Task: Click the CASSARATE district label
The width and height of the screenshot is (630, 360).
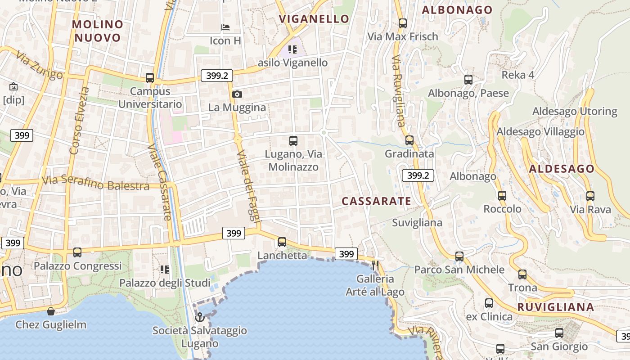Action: click(376, 201)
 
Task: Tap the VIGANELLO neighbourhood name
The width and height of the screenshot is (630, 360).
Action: click(314, 19)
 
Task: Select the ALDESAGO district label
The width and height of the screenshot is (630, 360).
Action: click(562, 169)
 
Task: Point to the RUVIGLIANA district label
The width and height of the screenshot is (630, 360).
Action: click(555, 307)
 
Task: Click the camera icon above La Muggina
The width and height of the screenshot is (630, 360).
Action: click(237, 94)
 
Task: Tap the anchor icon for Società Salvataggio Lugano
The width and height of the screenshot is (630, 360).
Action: click(199, 317)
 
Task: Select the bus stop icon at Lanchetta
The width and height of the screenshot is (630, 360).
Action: click(282, 242)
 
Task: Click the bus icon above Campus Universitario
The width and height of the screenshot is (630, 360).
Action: click(150, 78)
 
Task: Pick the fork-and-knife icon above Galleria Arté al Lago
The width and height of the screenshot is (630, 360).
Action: click(375, 265)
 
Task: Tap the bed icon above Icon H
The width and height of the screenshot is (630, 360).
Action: click(226, 27)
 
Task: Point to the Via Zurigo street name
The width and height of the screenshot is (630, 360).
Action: click(39, 66)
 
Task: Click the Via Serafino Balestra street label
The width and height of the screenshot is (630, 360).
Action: click(95, 183)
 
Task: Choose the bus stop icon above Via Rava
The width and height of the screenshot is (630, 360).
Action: click(590, 196)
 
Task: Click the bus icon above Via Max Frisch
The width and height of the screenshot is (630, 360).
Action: click(402, 23)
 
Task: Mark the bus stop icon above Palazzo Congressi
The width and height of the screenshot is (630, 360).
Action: click(77, 252)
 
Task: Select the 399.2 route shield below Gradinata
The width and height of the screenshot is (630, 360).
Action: click(418, 175)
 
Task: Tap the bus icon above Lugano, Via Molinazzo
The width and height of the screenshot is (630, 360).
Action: click(293, 141)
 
